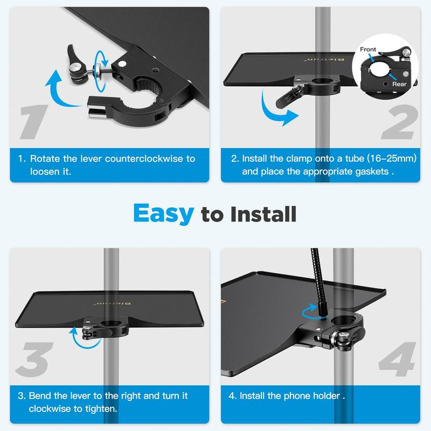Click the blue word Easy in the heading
(x=164, y=213)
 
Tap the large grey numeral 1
(x=34, y=122)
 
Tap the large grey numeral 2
(x=400, y=122)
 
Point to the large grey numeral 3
(x=34, y=359)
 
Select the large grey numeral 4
(x=397, y=359)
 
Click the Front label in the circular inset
(x=368, y=50)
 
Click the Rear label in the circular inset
(x=399, y=84)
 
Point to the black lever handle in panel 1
(x=73, y=57)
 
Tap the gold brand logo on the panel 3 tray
(x=112, y=303)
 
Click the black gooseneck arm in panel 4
(x=318, y=283)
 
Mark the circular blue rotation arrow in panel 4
(x=311, y=312)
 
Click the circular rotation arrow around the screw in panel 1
(x=101, y=71)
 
